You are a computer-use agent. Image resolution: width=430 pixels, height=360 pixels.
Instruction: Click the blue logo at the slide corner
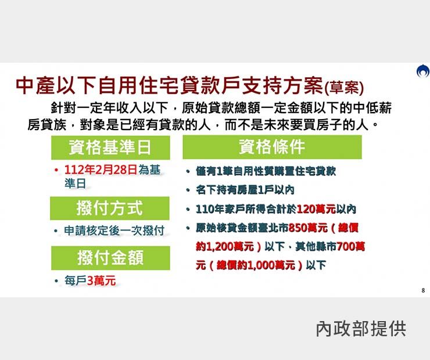(423, 71)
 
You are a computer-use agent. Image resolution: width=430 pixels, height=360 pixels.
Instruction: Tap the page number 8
(423, 290)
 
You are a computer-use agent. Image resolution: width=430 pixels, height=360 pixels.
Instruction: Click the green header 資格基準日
(110, 147)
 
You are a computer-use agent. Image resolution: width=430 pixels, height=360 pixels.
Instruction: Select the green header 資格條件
(272, 147)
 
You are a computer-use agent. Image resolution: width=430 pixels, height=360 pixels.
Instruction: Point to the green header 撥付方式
(110, 208)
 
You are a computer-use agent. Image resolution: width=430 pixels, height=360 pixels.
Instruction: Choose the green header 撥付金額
(110, 258)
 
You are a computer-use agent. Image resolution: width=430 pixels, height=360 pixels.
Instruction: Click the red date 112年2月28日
(101, 170)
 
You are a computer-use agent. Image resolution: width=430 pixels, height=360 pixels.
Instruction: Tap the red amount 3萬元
(101, 280)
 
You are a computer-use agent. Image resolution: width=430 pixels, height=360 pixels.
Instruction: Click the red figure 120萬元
(316, 209)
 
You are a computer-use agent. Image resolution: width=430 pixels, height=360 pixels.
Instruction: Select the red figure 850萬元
(308, 228)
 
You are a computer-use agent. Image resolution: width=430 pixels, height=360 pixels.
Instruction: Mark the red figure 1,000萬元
(271, 265)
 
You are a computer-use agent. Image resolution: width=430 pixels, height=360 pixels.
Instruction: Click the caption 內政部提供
(361, 329)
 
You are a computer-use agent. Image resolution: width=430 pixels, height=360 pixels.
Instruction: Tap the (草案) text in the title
(344, 88)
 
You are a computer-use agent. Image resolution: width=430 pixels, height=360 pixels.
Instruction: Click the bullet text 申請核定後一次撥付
(114, 231)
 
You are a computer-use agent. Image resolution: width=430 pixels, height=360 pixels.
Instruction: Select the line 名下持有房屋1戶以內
(245, 190)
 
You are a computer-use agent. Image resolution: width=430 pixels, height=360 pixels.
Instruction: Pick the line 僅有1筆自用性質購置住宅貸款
(266, 171)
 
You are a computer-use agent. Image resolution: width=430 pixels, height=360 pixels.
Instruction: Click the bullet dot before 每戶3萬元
(56, 281)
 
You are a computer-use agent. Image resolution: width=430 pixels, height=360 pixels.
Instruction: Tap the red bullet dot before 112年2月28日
(56, 170)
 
